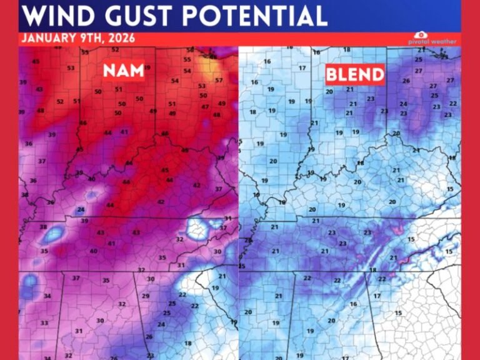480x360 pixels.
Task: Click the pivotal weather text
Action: pyautogui.click(x=436, y=42)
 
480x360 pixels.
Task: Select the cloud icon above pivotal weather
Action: pyautogui.click(x=421, y=35)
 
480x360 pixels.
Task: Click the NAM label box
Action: pyautogui.click(x=123, y=71)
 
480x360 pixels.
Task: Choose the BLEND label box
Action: pyautogui.click(x=354, y=75)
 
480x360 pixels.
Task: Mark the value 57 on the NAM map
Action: pyautogui.click(x=219, y=81)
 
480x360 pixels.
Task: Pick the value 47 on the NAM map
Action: pyautogui.click(x=205, y=107)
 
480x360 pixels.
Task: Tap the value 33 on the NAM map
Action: pyautogui.click(x=44, y=323)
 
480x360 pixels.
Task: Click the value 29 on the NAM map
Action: pyautogui.click(x=146, y=296)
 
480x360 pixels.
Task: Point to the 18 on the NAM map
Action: pyautogui.click(x=187, y=344)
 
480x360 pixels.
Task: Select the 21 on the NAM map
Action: pyautogui.click(x=222, y=276)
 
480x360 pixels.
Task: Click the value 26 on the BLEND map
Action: pyautogui.click(x=406, y=81)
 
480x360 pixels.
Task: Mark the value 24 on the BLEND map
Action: pyautogui.click(x=403, y=104)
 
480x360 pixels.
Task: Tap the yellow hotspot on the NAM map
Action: pyautogui.click(x=206, y=63)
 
